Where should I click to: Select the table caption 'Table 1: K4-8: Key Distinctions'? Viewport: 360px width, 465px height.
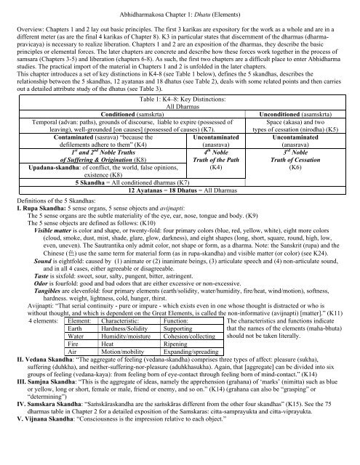point(179,97)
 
